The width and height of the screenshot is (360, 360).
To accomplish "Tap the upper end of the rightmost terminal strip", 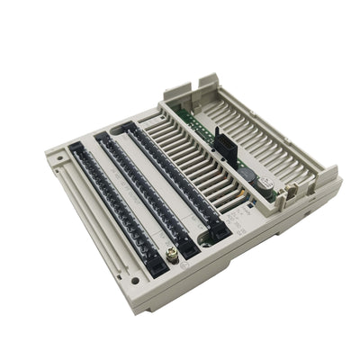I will click(132, 129).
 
